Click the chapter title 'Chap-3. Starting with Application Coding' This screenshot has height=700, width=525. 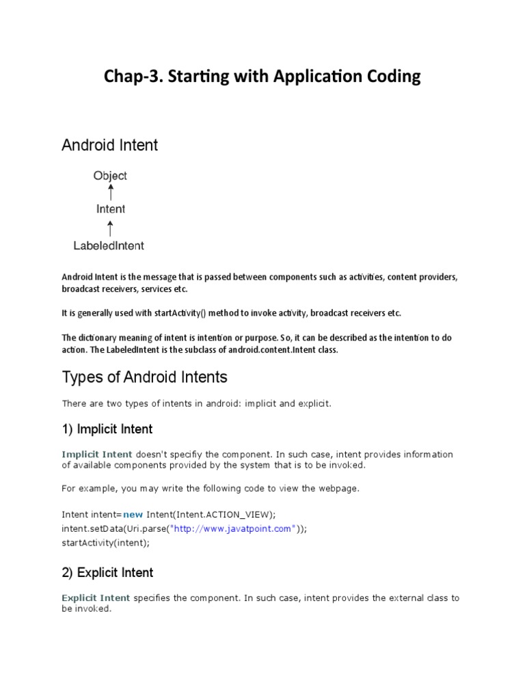[262, 77]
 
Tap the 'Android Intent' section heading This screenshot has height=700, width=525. [109, 145]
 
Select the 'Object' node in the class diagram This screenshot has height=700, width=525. [110, 176]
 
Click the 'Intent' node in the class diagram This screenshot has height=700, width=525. [110, 209]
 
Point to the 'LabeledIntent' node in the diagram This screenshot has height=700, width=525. [109, 245]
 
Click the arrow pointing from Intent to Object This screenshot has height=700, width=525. [110, 192]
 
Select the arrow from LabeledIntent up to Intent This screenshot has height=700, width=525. [110, 227]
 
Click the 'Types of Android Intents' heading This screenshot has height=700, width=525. [144, 377]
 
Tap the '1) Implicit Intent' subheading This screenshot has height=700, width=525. [107, 429]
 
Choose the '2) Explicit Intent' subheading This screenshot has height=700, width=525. [107, 572]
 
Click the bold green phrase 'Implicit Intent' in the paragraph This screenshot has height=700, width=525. [97, 455]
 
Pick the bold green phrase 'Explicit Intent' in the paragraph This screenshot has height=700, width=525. [96, 597]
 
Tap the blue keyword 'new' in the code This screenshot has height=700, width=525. [133, 514]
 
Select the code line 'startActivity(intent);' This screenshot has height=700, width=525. [105, 543]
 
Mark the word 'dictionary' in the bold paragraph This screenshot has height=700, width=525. [100, 338]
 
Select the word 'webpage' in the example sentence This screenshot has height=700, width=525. [340, 489]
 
